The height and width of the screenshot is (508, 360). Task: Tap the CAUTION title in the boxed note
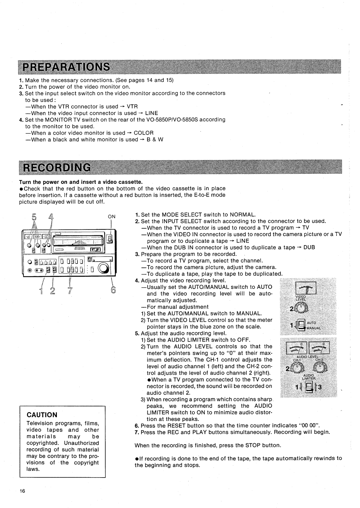[x=42, y=415]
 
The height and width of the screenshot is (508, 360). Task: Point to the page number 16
[x=22, y=491]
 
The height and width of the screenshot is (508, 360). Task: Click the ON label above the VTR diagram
[x=112, y=217]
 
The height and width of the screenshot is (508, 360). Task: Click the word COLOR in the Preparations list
[x=144, y=133]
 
